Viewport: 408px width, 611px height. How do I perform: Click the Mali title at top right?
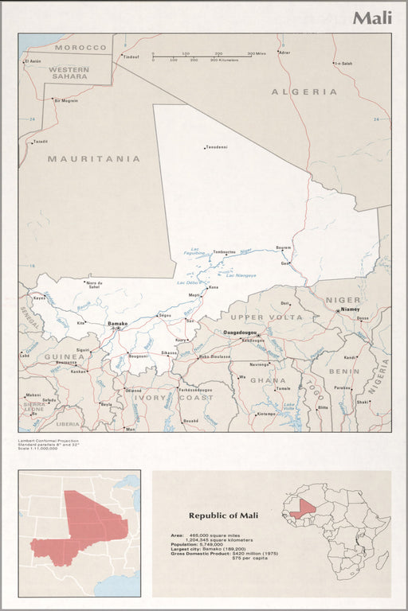click(372, 18)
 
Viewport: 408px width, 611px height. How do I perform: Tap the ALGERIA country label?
click(304, 91)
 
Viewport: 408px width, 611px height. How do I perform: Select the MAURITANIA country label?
click(93, 158)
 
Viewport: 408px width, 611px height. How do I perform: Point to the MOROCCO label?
click(80, 48)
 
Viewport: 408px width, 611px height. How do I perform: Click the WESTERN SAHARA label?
click(69, 72)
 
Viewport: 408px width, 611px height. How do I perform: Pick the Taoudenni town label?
click(217, 147)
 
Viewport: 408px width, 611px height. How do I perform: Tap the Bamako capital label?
click(117, 323)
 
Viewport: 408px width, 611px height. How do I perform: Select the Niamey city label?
click(350, 309)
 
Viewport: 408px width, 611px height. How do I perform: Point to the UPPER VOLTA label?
click(266, 317)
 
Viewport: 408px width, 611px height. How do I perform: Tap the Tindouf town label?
click(130, 56)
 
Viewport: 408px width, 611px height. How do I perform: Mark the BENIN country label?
click(344, 371)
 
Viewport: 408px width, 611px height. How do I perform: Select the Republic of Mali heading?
click(220, 515)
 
